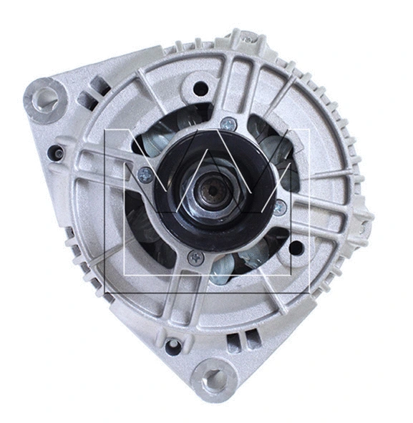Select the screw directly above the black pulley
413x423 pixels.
tap(228, 124)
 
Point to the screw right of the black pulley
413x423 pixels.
tap(280, 207)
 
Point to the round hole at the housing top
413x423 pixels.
tap(201, 89)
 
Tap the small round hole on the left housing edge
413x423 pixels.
tap(54, 152)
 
